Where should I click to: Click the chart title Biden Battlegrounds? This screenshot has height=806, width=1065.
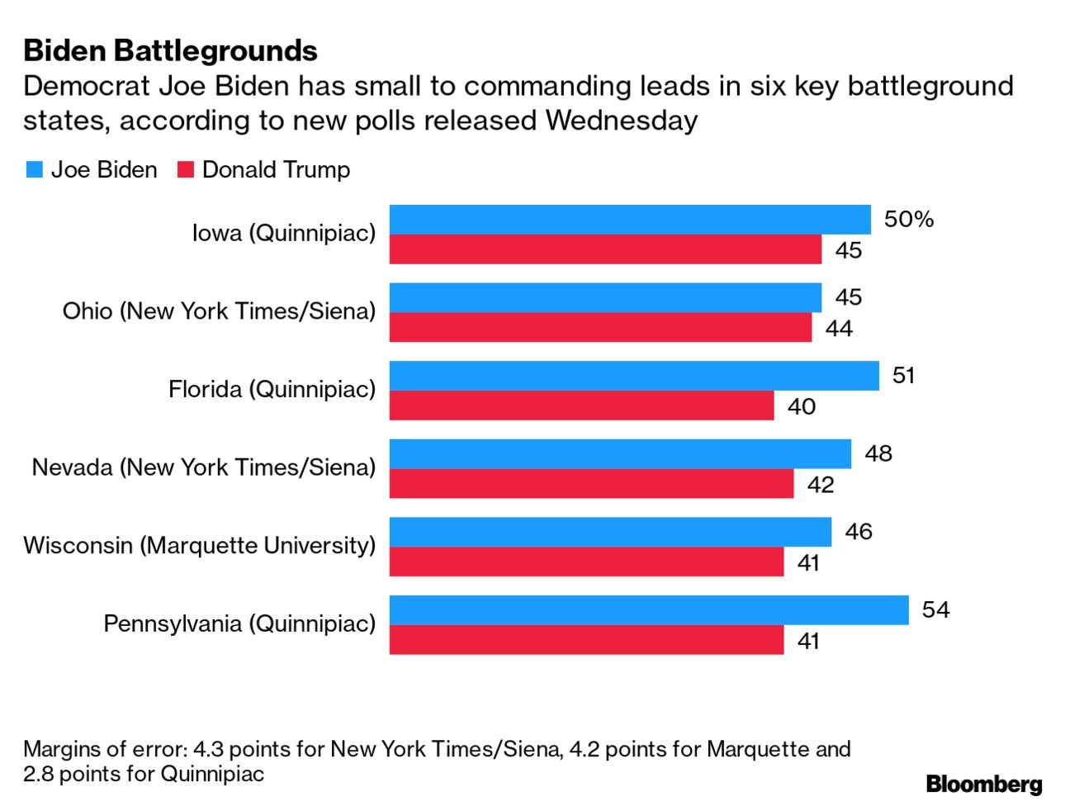point(170,51)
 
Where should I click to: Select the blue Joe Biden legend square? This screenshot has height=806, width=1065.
point(34,170)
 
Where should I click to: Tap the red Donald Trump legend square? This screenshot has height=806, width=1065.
point(186,170)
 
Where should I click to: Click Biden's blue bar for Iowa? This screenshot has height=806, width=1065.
point(629,220)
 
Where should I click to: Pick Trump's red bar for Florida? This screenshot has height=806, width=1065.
point(581,405)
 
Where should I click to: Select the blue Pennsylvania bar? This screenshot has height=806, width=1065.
point(648,609)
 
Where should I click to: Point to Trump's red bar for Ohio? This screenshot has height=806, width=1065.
point(600,328)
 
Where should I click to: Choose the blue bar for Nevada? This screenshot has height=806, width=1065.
point(619,453)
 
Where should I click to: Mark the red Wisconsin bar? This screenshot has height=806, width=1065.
point(586,562)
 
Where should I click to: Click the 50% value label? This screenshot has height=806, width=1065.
point(908,220)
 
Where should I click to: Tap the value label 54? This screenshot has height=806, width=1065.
point(935,609)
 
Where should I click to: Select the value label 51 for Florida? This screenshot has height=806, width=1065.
point(903,376)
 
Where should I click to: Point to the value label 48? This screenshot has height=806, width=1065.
point(878,453)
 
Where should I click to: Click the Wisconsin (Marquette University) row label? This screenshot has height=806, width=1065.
point(199,545)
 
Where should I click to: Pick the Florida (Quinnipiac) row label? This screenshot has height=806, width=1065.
point(272,389)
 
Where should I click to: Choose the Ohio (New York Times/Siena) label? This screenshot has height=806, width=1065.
point(219,311)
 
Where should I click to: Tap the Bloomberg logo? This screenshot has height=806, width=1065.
point(983,784)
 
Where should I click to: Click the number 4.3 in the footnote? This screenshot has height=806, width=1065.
point(207,749)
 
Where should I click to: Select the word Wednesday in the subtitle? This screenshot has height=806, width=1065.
point(621,121)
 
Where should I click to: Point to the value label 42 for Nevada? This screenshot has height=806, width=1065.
point(820,485)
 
